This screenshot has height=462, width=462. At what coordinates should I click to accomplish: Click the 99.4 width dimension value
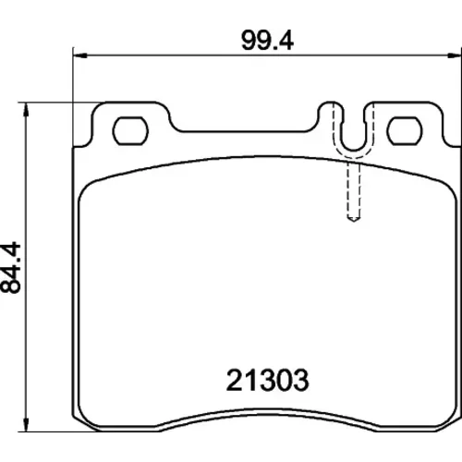click(x=267, y=41)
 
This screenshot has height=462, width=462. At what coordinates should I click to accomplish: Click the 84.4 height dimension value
click(x=11, y=267)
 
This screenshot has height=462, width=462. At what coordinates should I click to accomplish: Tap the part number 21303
click(x=267, y=380)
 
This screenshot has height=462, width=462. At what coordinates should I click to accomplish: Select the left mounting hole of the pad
click(x=130, y=131)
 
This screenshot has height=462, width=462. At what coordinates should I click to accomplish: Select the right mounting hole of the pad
click(x=405, y=131)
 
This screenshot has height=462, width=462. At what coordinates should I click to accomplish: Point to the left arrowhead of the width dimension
click(x=80, y=55)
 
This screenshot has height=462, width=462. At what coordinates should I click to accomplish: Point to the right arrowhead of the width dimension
click(x=456, y=55)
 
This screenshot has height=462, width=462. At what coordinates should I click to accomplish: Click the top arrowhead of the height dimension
click(x=27, y=109)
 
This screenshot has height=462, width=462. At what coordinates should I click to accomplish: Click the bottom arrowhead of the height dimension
click(x=27, y=425)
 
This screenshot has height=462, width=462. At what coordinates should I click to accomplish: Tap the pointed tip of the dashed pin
click(x=354, y=221)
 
